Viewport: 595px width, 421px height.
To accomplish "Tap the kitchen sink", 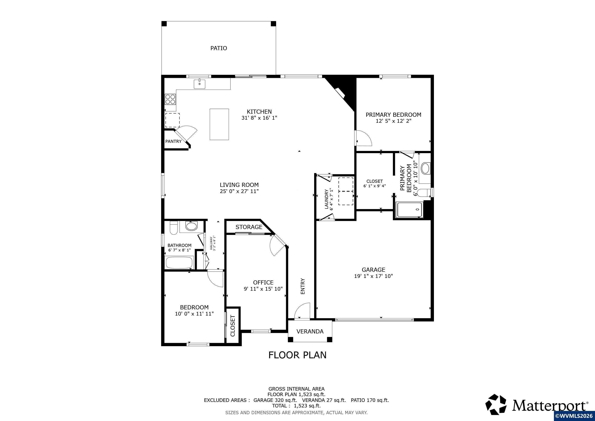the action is (x=199, y=84).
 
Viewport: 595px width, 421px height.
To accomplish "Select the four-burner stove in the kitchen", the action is (x=170, y=99).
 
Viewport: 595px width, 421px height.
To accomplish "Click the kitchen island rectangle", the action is (x=219, y=124).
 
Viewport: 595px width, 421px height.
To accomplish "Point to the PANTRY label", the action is (x=173, y=141).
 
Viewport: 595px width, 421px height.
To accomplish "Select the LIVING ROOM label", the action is (x=239, y=185).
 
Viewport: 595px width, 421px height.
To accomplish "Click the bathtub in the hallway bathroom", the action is (x=180, y=262).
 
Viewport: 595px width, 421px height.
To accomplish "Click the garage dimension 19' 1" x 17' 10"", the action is (x=374, y=276).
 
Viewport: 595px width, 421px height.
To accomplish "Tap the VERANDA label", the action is (x=310, y=331).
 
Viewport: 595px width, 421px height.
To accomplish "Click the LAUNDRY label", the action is (x=326, y=199).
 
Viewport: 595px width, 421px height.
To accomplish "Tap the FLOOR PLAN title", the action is (x=297, y=355).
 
